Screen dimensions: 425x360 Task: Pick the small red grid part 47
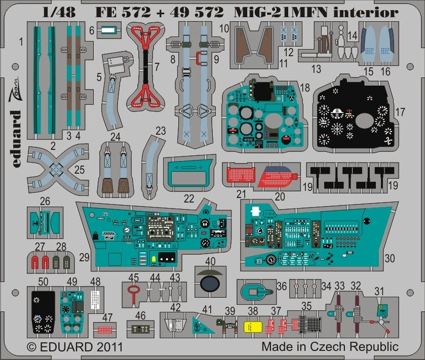(x=104, y=328)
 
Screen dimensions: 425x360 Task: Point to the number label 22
(x=189, y=198)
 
